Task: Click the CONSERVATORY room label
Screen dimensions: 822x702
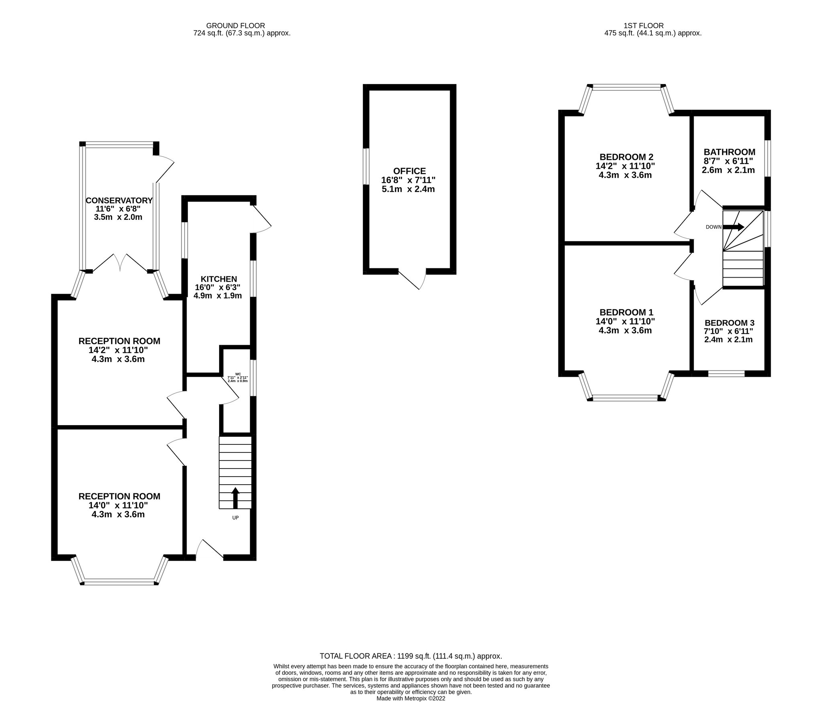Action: click(x=119, y=201)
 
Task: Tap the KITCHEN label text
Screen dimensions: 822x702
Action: click(x=219, y=279)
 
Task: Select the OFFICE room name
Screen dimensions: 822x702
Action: click(x=409, y=171)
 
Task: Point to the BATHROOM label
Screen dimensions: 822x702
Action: click(x=729, y=152)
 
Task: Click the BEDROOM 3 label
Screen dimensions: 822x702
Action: click(x=729, y=323)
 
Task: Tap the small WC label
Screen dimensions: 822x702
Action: click(x=238, y=374)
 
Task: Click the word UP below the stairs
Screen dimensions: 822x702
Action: click(x=235, y=518)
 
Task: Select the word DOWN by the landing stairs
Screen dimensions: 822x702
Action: click(x=714, y=227)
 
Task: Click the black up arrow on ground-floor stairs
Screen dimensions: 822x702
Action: click(x=235, y=498)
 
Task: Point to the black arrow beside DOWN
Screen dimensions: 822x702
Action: click(x=733, y=227)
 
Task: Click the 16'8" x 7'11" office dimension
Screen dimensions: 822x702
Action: click(x=408, y=180)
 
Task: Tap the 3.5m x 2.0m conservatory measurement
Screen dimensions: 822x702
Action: click(x=118, y=217)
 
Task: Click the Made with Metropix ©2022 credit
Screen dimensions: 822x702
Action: click(x=411, y=699)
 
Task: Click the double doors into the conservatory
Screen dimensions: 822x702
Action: click(x=120, y=262)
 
